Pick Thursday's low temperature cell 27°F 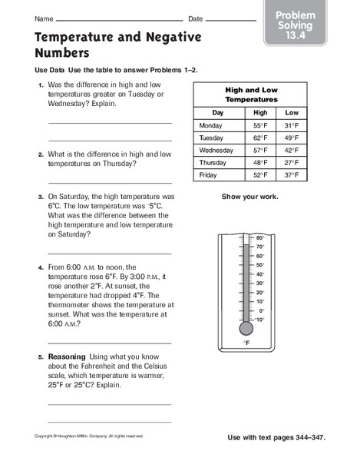pyautogui.click(x=290, y=163)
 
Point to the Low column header pyautogui.click(x=291, y=113)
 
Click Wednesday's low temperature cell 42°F pyautogui.click(x=290, y=151)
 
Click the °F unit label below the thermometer pyautogui.click(x=246, y=343)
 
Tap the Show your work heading pyautogui.click(x=249, y=197)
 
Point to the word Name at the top pyautogui.click(x=44, y=18)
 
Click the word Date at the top pyautogui.click(x=196, y=18)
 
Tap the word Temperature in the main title pyautogui.click(x=80, y=36)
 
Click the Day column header pyautogui.click(x=218, y=113)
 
